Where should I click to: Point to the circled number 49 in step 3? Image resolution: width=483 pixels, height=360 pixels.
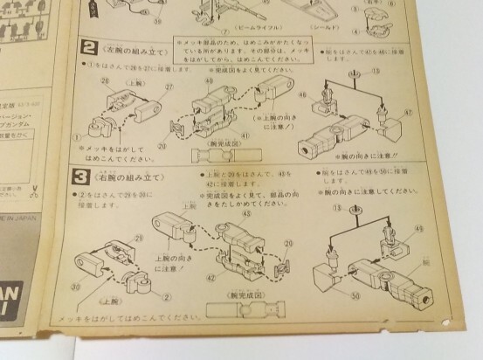tap(418, 229)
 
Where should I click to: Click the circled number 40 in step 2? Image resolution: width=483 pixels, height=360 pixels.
tap(209, 80)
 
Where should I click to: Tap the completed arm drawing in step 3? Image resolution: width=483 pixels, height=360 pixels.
tap(240, 311)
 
